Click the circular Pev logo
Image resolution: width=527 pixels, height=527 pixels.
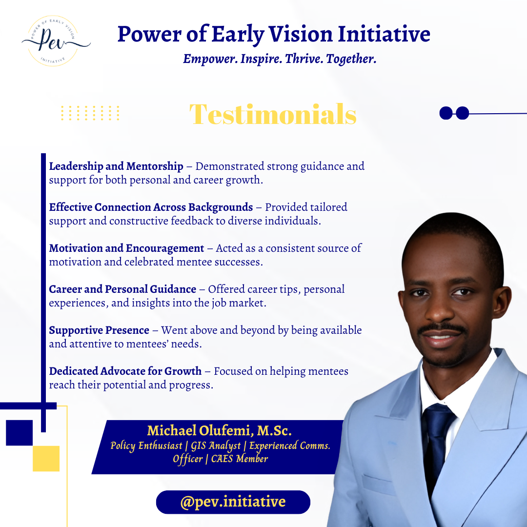click(x=53, y=41)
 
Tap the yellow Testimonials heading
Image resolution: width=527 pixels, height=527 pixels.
click(x=273, y=114)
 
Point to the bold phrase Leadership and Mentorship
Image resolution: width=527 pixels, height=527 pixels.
click(x=116, y=166)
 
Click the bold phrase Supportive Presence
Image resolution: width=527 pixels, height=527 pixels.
click(x=99, y=330)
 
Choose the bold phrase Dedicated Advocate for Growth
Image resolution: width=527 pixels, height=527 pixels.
click(x=125, y=371)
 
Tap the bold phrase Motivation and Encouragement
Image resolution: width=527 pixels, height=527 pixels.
click(x=126, y=248)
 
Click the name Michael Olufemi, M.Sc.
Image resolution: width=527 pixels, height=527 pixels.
click(x=219, y=430)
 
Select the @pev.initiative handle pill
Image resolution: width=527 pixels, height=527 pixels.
click(x=233, y=502)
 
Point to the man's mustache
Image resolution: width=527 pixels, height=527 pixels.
click(x=442, y=328)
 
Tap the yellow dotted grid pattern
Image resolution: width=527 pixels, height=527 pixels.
click(x=90, y=113)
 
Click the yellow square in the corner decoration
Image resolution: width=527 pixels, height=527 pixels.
click(x=46, y=458)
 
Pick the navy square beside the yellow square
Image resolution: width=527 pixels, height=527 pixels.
click(x=19, y=433)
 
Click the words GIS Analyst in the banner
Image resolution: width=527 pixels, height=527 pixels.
click(x=216, y=446)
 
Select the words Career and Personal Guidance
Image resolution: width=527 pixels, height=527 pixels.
click(x=122, y=289)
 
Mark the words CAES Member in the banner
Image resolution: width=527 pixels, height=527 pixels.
click(x=240, y=459)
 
